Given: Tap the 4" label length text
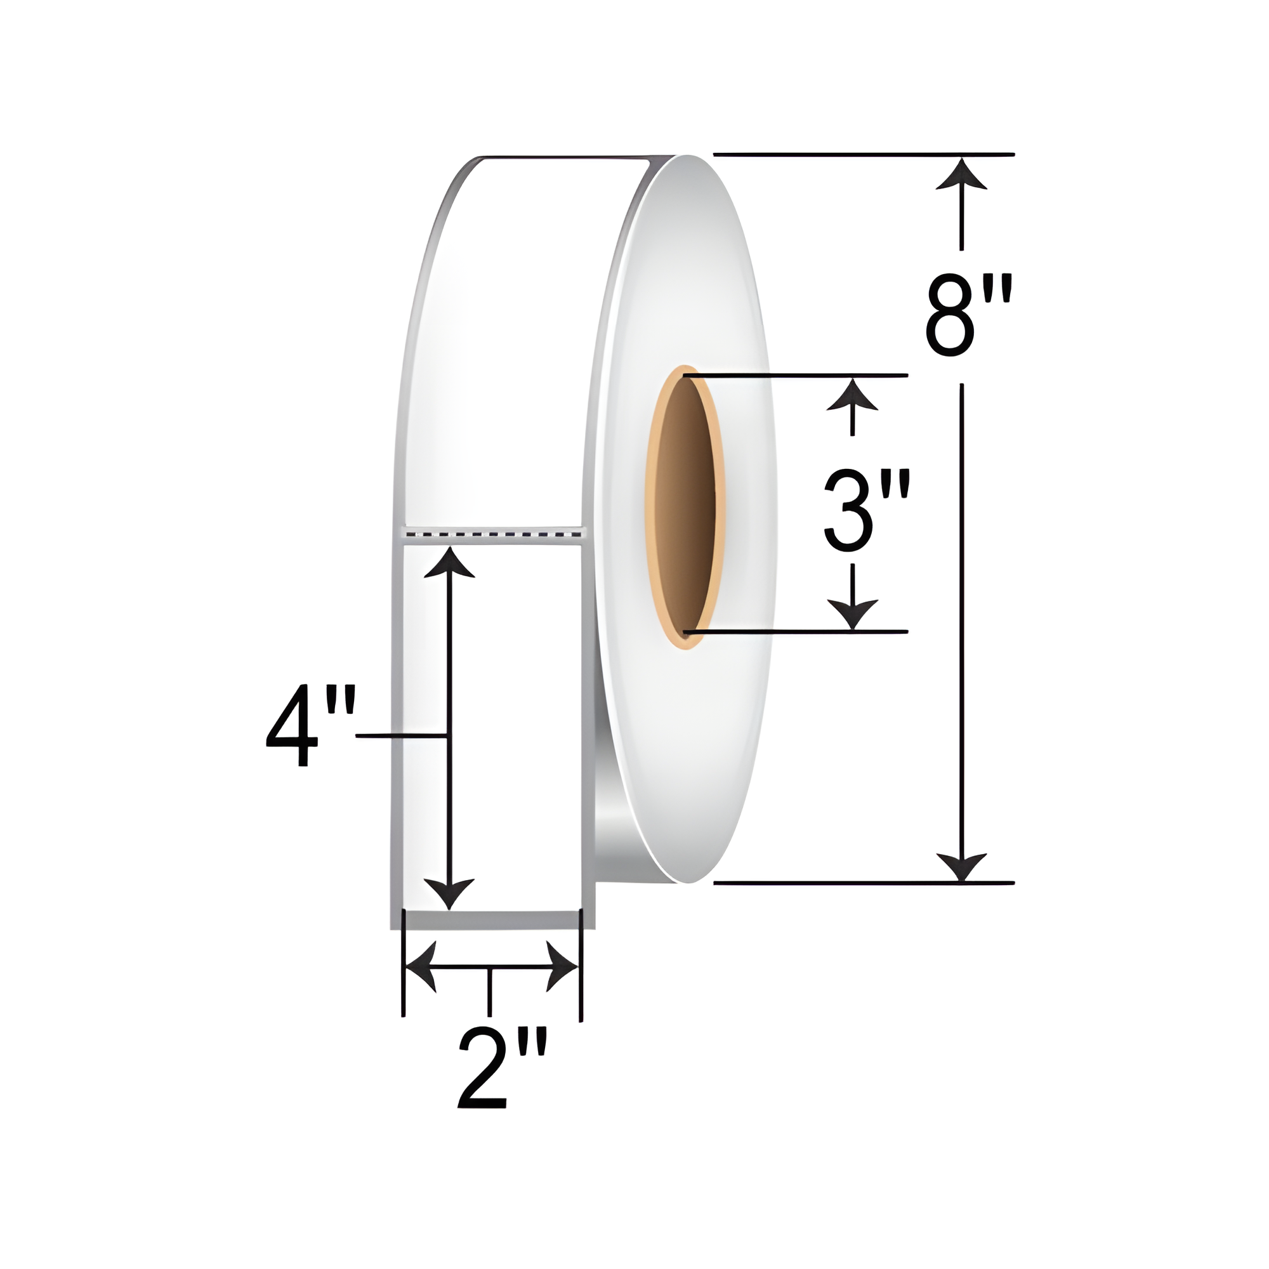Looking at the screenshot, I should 311,726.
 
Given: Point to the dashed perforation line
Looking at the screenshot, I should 493,535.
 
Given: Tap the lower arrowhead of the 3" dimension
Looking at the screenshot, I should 852,614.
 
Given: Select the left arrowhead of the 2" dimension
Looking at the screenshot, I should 421,966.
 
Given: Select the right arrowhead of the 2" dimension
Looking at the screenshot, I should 562,966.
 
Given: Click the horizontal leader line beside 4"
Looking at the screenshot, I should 400,735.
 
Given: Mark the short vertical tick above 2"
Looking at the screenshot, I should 489,992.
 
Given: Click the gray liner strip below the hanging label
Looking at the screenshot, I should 492,919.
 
